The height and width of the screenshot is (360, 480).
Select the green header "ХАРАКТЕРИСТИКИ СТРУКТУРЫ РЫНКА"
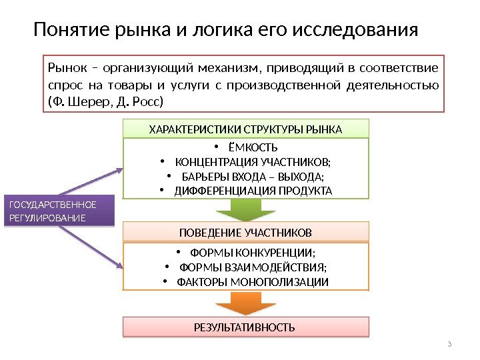(x=245, y=129)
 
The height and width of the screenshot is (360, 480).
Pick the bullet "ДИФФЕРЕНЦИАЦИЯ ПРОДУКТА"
(x=253, y=191)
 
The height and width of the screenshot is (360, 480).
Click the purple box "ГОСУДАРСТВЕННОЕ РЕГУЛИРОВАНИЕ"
(x=58, y=211)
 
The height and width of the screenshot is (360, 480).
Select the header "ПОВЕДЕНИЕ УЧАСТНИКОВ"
(x=245, y=233)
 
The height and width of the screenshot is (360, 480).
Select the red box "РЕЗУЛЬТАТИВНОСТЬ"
(x=245, y=327)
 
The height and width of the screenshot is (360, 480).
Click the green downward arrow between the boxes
(x=245, y=211)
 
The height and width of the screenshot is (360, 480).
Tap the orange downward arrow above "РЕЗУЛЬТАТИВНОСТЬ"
(x=245, y=303)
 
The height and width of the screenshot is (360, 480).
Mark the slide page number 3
(x=450, y=344)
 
